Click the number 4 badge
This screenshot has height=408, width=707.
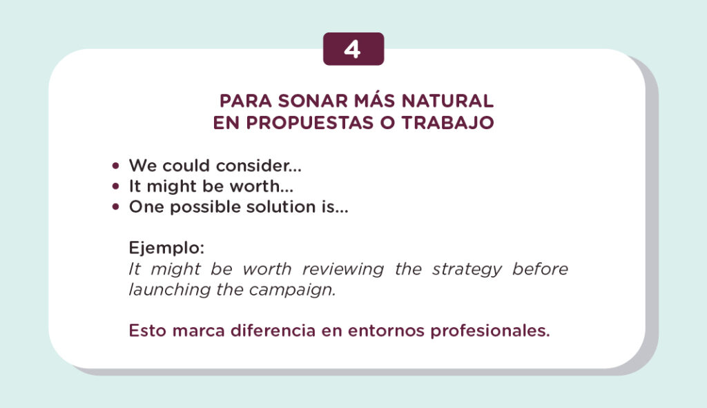pos(353,50)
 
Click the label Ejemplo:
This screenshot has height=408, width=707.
pos(166,247)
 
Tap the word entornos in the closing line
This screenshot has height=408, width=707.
pos(386,330)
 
